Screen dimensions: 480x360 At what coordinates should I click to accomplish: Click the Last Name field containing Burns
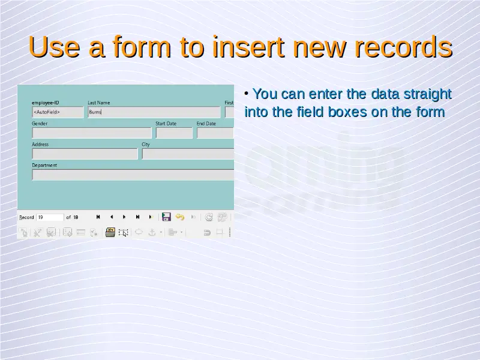pyautogui.click(x=154, y=112)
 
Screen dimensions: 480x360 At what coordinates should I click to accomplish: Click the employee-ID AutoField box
pyautogui.click(x=58, y=112)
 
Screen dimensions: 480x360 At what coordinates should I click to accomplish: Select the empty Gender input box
pyautogui.click(x=92, y=133)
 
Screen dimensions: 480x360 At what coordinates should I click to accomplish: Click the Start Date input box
pyautogui.click(x=174, y=133)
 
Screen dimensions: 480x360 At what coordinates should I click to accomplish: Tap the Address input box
pyautogui.click(x=85, y=154)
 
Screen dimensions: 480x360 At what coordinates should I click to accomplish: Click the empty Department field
pyautogui.click(x=133, y=175)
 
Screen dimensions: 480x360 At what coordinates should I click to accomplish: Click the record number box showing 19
pyautogui.click(x=50, y=217)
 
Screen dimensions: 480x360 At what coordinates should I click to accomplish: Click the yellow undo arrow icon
pyautogui.click(x=180, y=217)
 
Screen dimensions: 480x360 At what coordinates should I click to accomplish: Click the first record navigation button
pyautogui.click(x=98, y=217)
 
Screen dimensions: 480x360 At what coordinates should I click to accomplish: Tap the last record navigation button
pyautogui.click(x=137, y=217)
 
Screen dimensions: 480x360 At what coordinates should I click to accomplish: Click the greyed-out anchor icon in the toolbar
pyautogui.click(x=152, y=233)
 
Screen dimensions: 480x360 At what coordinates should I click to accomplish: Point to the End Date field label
pyautogui.click(x=206, y=124)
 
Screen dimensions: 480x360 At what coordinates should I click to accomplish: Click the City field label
pyautogui.click(x=146, y=144)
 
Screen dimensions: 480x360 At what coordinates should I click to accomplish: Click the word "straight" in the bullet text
pyautogui.click(x=428, y=94)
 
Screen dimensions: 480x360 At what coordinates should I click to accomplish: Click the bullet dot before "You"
pyautogui.click(x=247, y=94)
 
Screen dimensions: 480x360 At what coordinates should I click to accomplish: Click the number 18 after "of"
pyautogui.click(x=76, y=217)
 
